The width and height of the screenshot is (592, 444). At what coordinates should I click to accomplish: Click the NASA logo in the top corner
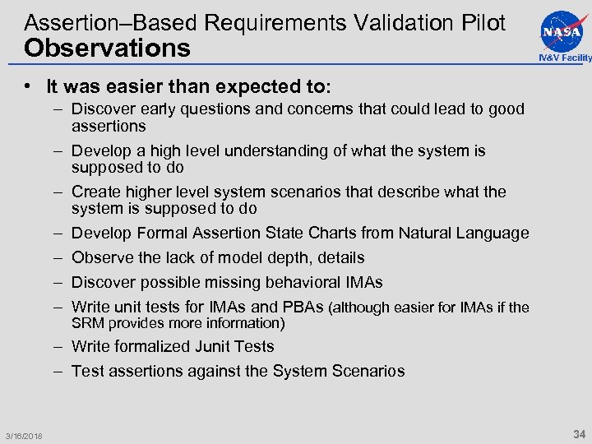pyautogui.click(x=563, y=30)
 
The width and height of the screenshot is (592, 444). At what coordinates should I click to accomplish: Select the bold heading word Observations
pyautogui.click(x=107, y=48)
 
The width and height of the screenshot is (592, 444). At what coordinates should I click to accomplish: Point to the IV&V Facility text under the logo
pyautogui.click(x=564, y=58)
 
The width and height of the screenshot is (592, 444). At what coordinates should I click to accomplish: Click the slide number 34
pyautogui.click(x=579, y=433)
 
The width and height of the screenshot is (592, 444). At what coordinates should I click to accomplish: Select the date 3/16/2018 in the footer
pyautogui.click(x=24, y=436)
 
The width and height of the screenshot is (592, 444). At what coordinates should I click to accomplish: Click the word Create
pyautogui.click(x=96, y=192)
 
